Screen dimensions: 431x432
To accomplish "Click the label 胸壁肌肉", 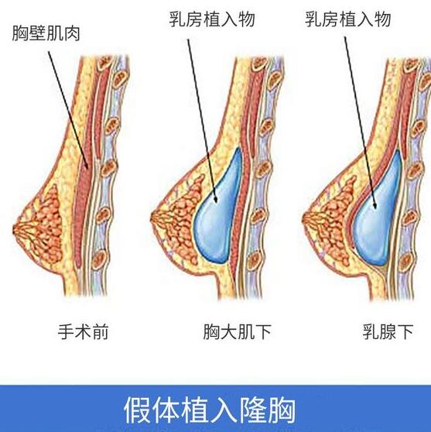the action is click(46, 33).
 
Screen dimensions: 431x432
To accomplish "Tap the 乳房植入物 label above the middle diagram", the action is click(212, 19).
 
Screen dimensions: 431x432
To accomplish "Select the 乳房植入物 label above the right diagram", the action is click(348, 19).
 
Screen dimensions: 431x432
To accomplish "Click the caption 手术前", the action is click(83, 331).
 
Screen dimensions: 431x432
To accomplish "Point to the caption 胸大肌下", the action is click(237, 331).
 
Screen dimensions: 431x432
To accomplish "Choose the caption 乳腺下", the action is click(388, 331).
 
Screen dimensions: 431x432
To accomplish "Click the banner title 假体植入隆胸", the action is click(209, 410).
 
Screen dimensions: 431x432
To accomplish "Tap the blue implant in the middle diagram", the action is click(217, 209).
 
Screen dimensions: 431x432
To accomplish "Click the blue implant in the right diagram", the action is click(378, 212).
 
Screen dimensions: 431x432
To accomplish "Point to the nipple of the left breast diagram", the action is click(15, 229).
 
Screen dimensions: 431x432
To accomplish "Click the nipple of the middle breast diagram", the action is click(152, 219).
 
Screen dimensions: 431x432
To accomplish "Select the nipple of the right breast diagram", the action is click(304, 219).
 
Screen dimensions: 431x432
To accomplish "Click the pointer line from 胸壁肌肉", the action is click(68, 110).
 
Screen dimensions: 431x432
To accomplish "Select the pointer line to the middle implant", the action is click(203, 121).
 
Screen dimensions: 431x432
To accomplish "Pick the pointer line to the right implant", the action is click(360, 122).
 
